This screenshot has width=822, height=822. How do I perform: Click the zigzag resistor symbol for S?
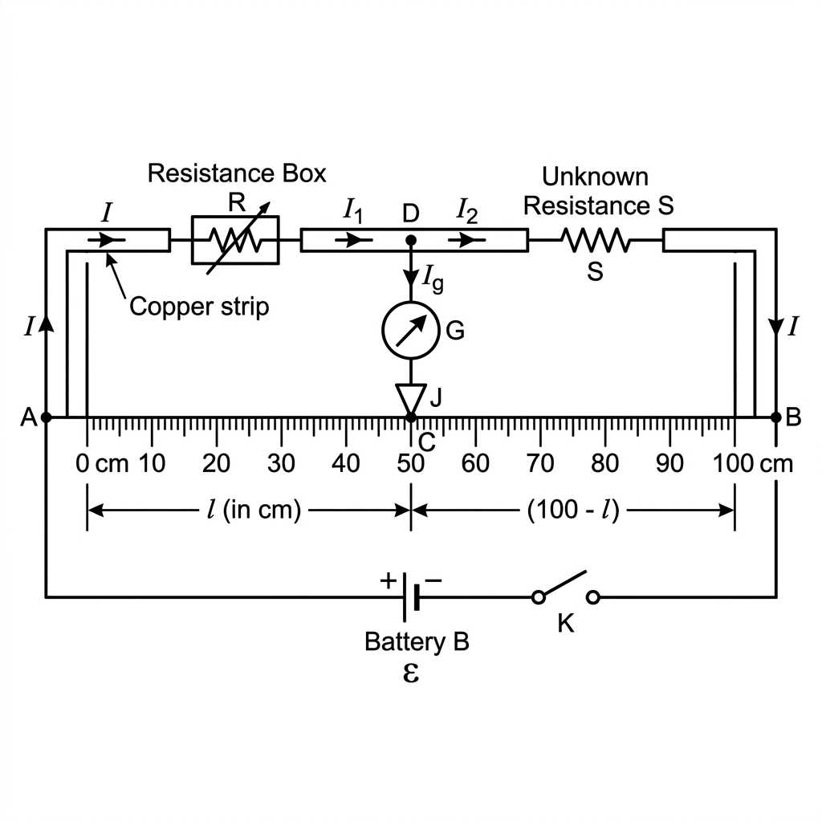pos(595,239)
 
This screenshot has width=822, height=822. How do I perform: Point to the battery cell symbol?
pos(411,597)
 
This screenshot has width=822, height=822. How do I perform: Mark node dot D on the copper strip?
pos(411,240)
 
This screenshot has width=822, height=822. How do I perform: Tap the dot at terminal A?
pos(46,417)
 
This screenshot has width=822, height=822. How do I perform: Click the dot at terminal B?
pos(776,417)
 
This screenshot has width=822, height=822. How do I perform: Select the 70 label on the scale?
pos(540,463)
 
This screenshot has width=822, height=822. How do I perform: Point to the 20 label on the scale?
pos(216,463)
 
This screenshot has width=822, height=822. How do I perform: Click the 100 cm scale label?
pos(752,463)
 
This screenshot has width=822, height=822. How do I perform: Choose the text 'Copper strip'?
pos(199,307)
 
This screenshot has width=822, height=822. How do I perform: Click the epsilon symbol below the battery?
pos(411,673)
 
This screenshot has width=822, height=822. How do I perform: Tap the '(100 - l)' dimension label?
pos(573,510)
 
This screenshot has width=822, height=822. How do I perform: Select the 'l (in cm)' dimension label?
pos(254,510)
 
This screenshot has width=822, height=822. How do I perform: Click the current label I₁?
pos(353,210)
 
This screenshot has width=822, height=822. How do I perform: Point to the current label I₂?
pos(466,210)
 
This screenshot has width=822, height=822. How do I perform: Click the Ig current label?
pos(433,278)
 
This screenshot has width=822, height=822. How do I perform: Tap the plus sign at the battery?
pos(388,580)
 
